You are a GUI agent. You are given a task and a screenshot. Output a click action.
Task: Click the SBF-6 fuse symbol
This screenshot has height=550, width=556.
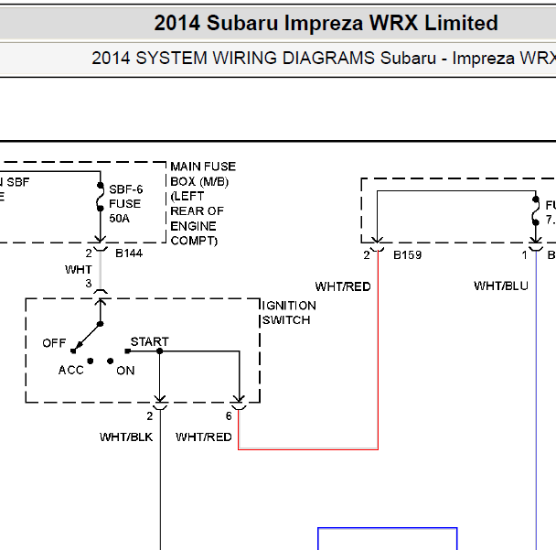click(101, 197)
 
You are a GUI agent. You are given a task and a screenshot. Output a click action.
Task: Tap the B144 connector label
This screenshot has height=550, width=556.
click(129, 253)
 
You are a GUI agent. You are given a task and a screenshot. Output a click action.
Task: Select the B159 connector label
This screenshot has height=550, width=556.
click(408, 255)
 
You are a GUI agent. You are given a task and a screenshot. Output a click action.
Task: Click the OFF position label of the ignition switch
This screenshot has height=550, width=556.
click(54, 343)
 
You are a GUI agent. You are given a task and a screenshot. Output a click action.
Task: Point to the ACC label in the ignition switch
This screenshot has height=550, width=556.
click(71, 370)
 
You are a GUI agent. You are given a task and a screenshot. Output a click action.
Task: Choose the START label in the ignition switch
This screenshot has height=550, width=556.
click(150, 341)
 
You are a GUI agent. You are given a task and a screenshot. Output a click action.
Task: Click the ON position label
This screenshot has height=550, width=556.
click(125, 371)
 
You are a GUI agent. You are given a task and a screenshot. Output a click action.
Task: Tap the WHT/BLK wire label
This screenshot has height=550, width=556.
click(126, 437)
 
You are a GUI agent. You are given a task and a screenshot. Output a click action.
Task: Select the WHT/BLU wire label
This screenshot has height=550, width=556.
click(501, 286)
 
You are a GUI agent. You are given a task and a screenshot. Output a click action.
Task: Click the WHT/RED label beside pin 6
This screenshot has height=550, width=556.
click(204, 437)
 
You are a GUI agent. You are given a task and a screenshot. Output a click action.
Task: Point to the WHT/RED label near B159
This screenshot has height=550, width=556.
click(343, 286)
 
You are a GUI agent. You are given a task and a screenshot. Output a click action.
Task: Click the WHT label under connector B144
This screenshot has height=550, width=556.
click(79, 270)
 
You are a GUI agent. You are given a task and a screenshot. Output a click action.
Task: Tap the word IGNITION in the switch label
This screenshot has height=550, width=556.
click(289, 306)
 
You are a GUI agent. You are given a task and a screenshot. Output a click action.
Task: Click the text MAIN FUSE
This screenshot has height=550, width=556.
click(203, 167)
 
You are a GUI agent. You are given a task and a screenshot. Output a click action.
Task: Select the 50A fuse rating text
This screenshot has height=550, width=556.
click(119, 218)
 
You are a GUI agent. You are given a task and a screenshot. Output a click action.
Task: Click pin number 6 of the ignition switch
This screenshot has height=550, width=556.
click(229, 415)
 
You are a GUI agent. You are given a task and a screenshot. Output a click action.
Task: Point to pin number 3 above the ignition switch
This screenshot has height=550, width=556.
click(89, 284)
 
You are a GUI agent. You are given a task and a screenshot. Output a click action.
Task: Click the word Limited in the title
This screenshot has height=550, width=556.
click(461, 23)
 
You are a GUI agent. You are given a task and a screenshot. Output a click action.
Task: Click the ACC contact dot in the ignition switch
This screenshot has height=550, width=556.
click(91, 361)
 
